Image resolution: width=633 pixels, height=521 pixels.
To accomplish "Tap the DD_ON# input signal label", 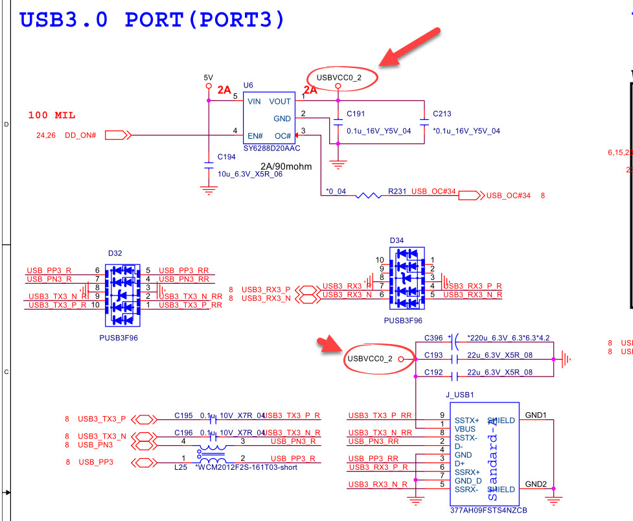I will coord(81,135).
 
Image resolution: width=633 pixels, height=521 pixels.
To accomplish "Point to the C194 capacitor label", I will coord(227,157).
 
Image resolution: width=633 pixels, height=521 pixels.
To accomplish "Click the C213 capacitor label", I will coord(442,114).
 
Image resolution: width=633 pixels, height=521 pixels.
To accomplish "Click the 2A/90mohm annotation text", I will coord(286,167).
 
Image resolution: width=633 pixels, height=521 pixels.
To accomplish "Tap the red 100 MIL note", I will coord(52,115).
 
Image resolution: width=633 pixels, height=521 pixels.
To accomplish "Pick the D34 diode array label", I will coord(397,241).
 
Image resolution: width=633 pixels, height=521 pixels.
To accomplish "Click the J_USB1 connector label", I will coord(460,394).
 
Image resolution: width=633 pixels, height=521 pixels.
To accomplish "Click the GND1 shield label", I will coord(536,415).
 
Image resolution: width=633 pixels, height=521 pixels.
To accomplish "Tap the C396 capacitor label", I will coord(433,338).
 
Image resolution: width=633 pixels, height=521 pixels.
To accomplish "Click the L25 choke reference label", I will coord(181,467).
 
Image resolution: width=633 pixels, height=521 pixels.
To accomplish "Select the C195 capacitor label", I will coord(184,415).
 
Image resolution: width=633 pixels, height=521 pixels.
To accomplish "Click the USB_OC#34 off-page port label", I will coord(509,195).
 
